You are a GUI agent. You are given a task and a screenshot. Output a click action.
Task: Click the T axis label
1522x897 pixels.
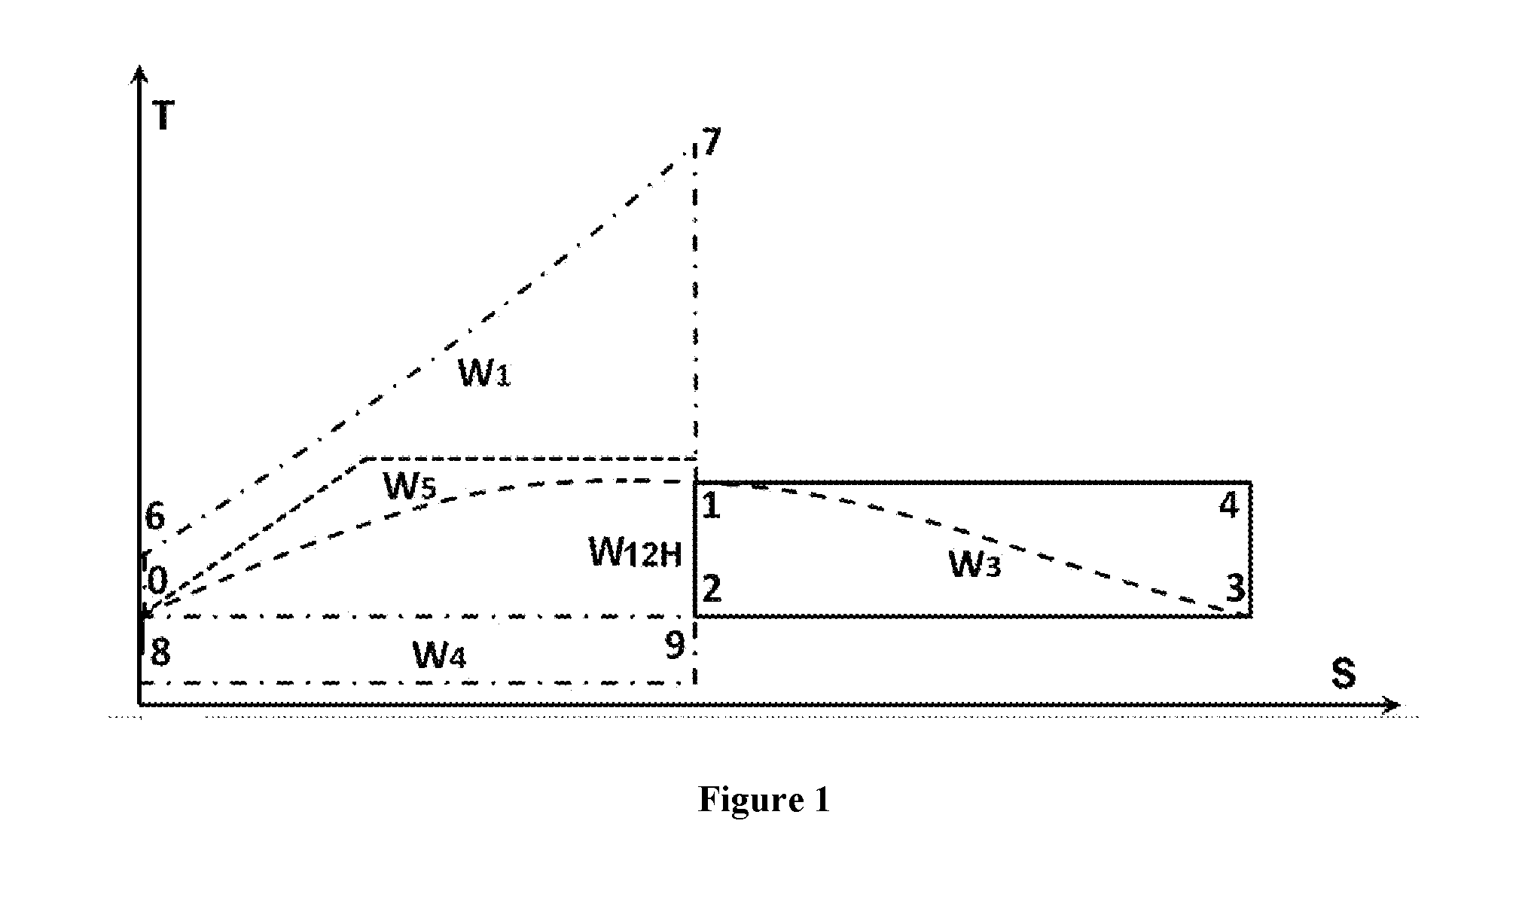click(x=163, y=117)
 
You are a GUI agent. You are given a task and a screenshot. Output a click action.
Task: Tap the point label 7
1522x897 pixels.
click(x=711, y=142)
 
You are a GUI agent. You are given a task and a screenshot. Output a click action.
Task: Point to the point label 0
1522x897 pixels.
click(x=157, y=581)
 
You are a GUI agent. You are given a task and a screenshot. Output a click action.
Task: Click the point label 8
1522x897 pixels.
click(x=160, y=652)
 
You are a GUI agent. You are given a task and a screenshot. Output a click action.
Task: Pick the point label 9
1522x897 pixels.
click(x=676, y=645)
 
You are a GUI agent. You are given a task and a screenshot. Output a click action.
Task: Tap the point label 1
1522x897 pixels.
click(x=711, y=506)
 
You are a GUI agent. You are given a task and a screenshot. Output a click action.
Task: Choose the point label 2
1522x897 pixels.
click(x=712, y=587)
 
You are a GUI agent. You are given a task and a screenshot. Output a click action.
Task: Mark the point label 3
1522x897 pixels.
click(x=1235, y=588)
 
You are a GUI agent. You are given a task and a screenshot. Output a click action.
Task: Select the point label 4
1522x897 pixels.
click(x=1229, y=505)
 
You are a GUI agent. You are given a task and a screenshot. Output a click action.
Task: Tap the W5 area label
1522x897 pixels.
click(x=410, y=487)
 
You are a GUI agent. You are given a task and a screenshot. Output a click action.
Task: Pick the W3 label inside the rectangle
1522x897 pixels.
click(x=975, y=564)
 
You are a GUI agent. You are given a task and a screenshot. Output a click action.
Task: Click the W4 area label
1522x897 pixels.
click(x=440, y=655)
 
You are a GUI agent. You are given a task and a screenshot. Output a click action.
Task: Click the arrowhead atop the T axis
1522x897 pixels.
click(x=139, y=74)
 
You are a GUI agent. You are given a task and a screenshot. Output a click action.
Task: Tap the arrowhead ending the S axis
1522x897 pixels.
click(x=1392, y=705)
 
